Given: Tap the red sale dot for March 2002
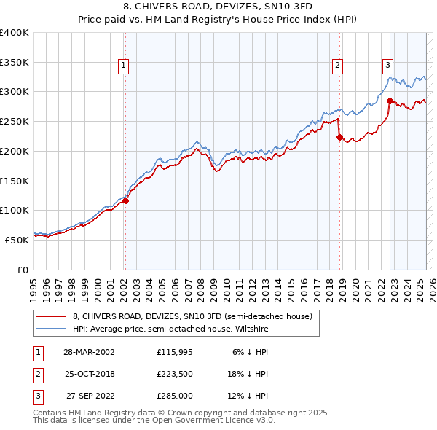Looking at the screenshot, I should click(125, 200).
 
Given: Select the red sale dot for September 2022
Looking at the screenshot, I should click(390, 100).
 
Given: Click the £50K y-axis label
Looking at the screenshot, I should click(17, 239).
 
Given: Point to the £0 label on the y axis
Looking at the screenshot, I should click(23, 269).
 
